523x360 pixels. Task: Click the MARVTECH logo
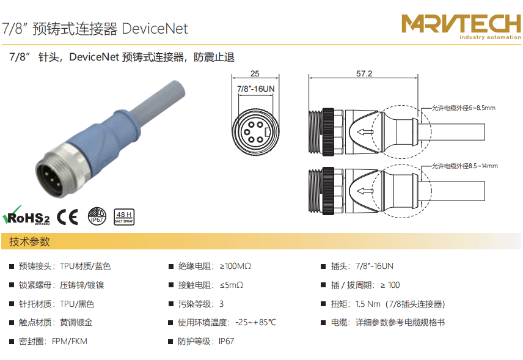coord(461,27)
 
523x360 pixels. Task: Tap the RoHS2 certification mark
coord(26,216)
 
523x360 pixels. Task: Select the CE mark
coord(67,217)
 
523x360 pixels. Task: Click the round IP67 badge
coord(97,216)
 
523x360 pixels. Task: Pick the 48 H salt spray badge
coord(124,217)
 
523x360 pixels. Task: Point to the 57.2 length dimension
coord(364,73)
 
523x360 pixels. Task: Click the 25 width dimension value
coord(255,73)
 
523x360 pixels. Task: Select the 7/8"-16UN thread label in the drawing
coord(255,89)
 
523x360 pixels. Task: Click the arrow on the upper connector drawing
coord(365,132)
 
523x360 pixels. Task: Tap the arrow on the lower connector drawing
coord(365,191)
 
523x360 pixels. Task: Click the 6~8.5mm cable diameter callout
coord(464,108)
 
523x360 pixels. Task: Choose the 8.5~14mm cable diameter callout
coord(464,166)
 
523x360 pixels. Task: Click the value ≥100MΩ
coord(235,266)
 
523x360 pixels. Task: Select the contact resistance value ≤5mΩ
coord(232,285)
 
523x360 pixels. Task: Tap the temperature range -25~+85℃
coord(256,323)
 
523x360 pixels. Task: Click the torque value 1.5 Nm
coord(368,304)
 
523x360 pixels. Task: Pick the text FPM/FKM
coord(70,341)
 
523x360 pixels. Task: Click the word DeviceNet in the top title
coord(155,29)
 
